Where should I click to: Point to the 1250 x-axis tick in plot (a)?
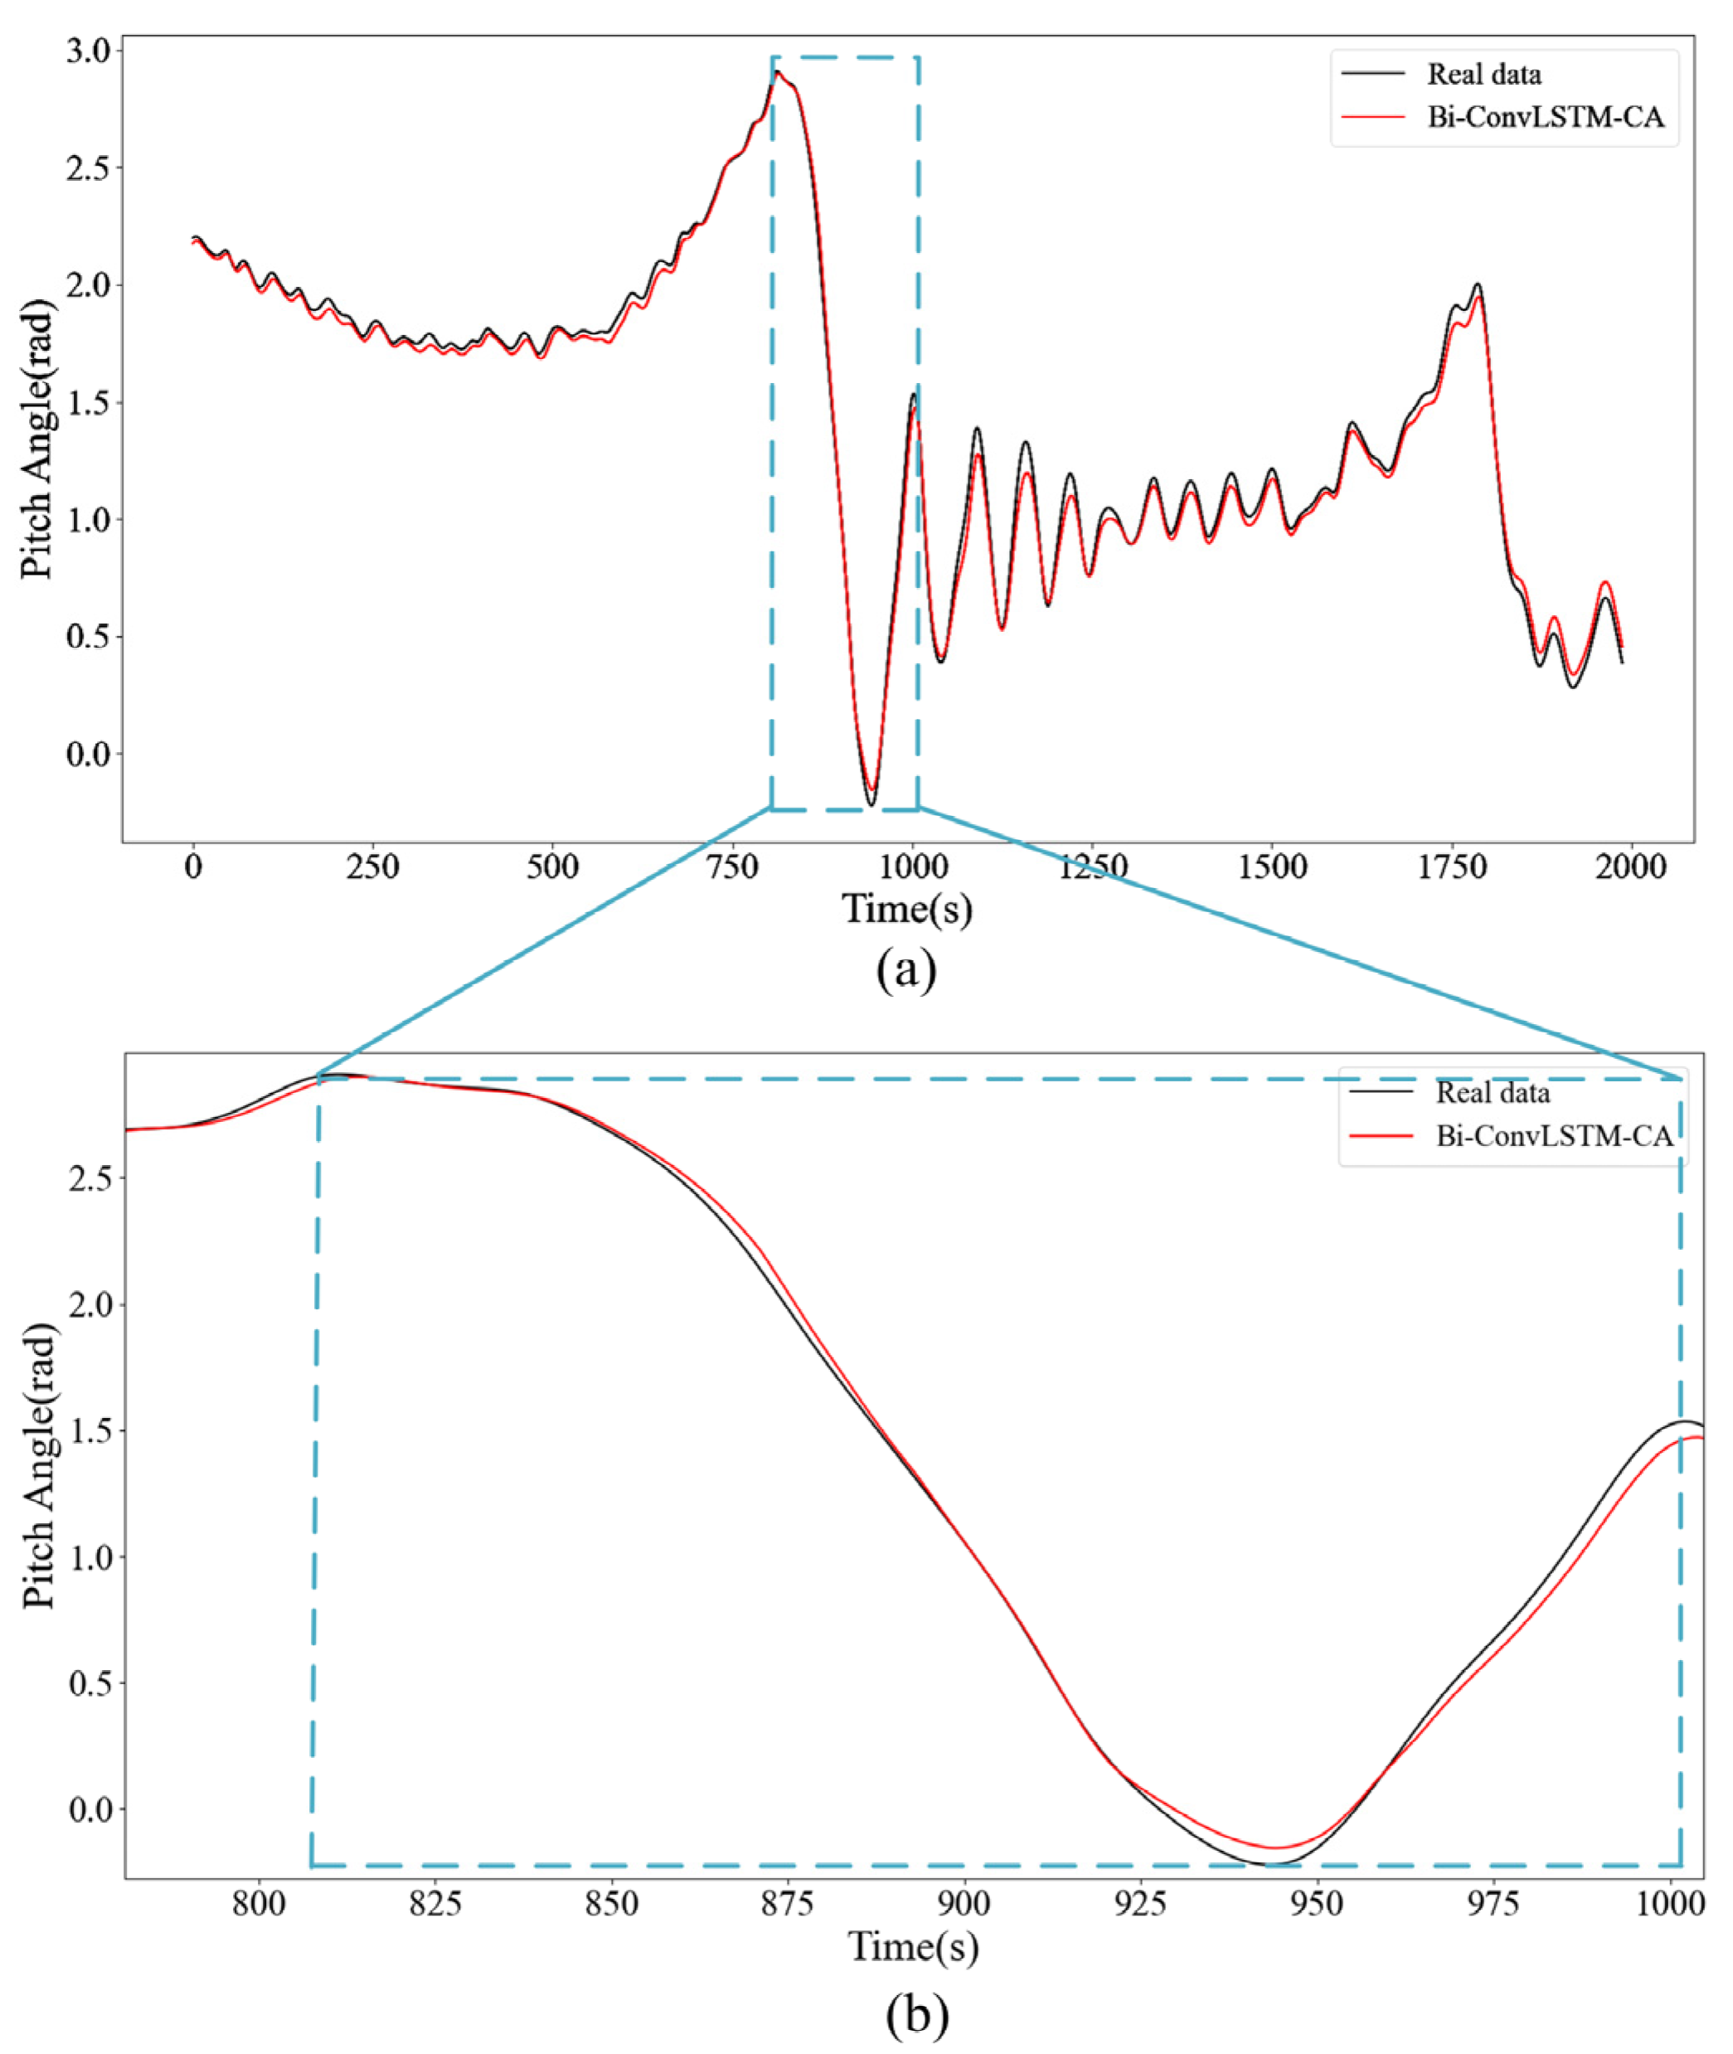tap(1093, 867)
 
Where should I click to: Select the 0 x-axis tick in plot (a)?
tap(193, 867)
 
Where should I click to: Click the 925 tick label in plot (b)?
tap(1141, 1903)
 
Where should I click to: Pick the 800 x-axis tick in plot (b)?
tap(260, 1903)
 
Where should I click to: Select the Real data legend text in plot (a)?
tap(1484, 75)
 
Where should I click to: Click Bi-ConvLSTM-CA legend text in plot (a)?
tap(1546, 118)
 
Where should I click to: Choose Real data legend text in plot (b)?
tap(1493, 1092)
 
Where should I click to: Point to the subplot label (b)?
tap(916, 2016)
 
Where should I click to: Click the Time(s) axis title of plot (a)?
tap(907, 909)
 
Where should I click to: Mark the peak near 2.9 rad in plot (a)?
tap(777, 73)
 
